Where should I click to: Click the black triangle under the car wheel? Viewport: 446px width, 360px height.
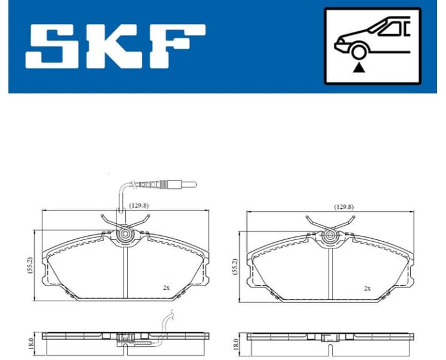(x=358, y=68)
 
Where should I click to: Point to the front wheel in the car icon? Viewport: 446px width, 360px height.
(x=358, y=52)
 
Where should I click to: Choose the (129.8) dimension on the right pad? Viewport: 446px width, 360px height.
(x=343, y=206)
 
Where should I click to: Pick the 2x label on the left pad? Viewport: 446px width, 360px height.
(x=166, y=288)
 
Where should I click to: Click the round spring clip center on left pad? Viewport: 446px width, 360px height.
(x=126, y=235)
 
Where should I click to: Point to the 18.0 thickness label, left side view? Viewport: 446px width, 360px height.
(x=30, y=343)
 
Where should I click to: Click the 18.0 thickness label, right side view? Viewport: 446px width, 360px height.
(x=234, y=344)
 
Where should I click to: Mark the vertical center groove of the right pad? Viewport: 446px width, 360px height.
(x=330, y=273)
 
